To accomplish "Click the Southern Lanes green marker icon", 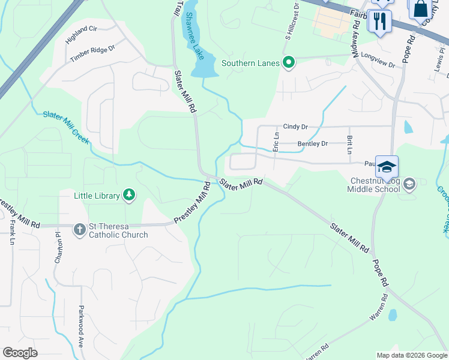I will point(289,62).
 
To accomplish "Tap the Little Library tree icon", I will point(128,194).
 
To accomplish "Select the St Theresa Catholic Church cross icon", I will point(79,229).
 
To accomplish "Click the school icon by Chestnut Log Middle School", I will point(410,184).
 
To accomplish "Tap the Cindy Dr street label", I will point(295,127).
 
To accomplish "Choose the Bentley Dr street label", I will point(313,144).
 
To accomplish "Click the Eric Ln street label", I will point(276,143).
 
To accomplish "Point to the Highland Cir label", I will point(82,36).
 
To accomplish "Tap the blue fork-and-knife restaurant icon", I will point(379,22).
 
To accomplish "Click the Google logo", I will point(20,352).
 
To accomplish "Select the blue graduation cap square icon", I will point(387,167).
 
